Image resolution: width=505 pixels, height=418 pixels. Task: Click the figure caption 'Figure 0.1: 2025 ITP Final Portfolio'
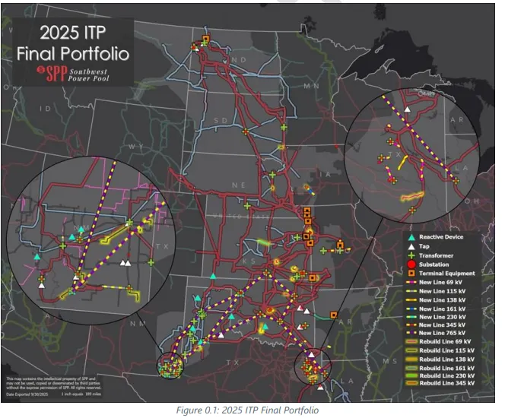click(246, 410)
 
